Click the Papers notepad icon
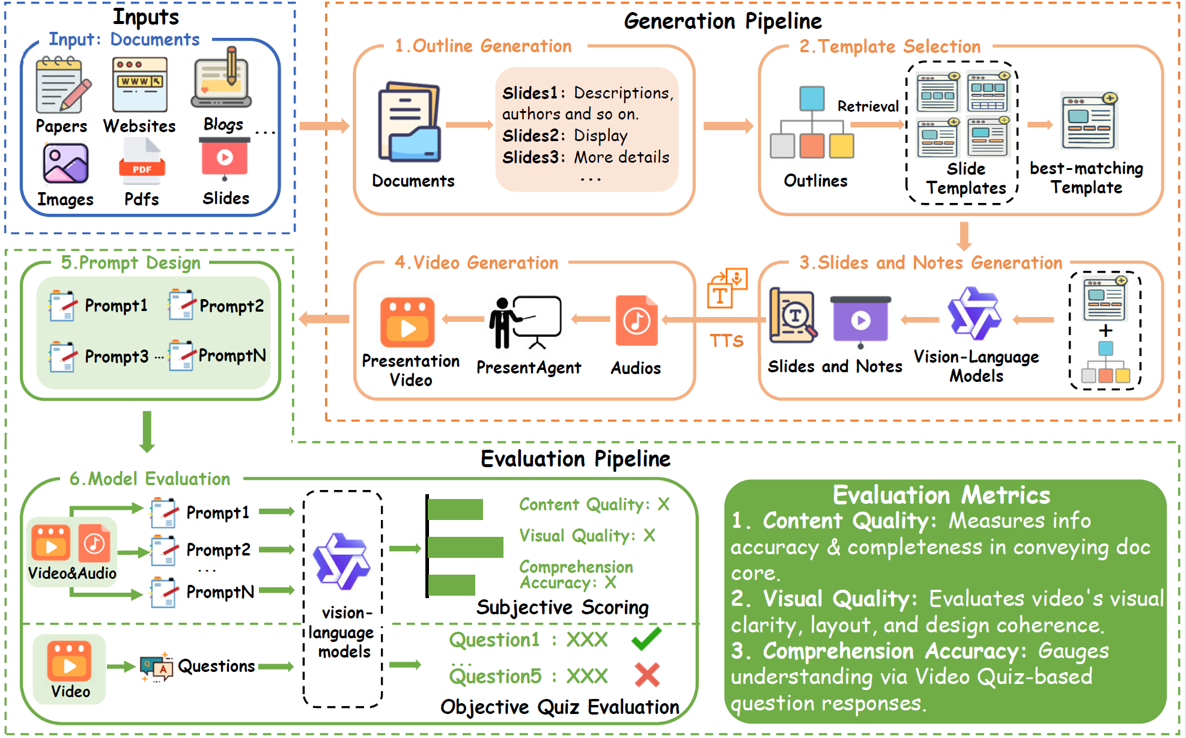[62, 85]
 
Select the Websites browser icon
[139, 85]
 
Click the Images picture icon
[65, 163]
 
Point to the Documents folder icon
[410, 122]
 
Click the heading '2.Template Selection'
[889, 46]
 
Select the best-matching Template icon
[1089, 121]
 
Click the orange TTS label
[726, 341]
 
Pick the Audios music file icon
[636, 321]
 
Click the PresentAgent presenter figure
[524, 322]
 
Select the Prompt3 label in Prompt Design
[117, 356]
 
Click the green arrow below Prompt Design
[147, 431]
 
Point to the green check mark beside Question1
[646, 638]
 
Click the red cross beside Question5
[647, 675]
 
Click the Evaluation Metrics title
[941, 495]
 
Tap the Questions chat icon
[156, 667]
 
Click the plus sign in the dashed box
[1105, 331]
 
